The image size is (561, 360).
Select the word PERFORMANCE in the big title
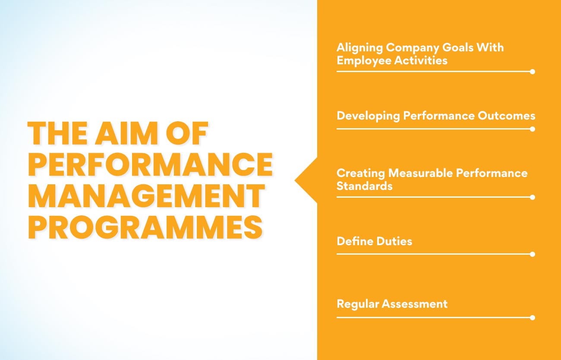click(150, 165)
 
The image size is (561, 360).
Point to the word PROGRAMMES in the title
click(145, 227)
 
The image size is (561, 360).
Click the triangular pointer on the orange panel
click(306, 180)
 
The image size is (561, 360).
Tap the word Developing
click(368, 116)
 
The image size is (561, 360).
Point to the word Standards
click(364, 186)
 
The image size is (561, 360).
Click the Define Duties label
click(374, 241)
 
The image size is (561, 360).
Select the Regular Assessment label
click(392, 304)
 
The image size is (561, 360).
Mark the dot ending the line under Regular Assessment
click(532, 318)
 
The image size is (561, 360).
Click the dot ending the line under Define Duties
click(532, 254)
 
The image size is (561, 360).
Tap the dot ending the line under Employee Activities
click(532, 72)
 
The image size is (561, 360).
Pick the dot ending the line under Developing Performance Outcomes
click(532, 129)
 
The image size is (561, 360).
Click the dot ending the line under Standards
click(532, 197)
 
